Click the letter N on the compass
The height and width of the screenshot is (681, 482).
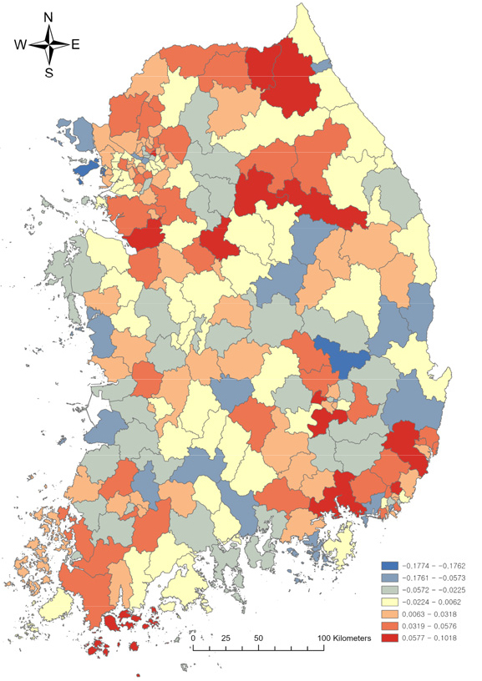coord(48,16)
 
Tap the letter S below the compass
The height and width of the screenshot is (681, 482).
coord(49,73)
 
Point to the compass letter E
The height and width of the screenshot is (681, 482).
coord(75,45)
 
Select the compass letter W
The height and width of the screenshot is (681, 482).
coord(22,45)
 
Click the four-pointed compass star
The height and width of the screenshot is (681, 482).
coord(48,44)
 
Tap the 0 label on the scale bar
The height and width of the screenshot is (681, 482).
coord(194,638)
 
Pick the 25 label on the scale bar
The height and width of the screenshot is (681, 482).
coord(225,638)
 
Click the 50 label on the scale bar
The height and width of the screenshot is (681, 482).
coord(259,638)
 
